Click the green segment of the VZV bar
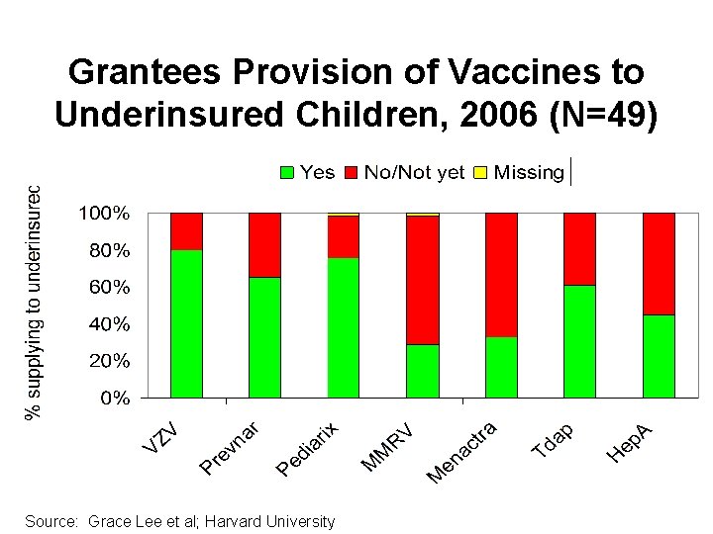(x=186, y=323)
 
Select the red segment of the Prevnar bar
(x=264, y=244)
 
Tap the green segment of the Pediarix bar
(x=344, y=327)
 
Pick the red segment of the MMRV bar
(x=423, y=280)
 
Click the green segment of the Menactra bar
(x=501, y=367)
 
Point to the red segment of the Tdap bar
(x=579, y=248)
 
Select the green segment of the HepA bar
(x=659, y=356)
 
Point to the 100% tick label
(x=105, y=214)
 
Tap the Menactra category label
(x=461, y=453)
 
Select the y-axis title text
(x=34, y=302)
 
